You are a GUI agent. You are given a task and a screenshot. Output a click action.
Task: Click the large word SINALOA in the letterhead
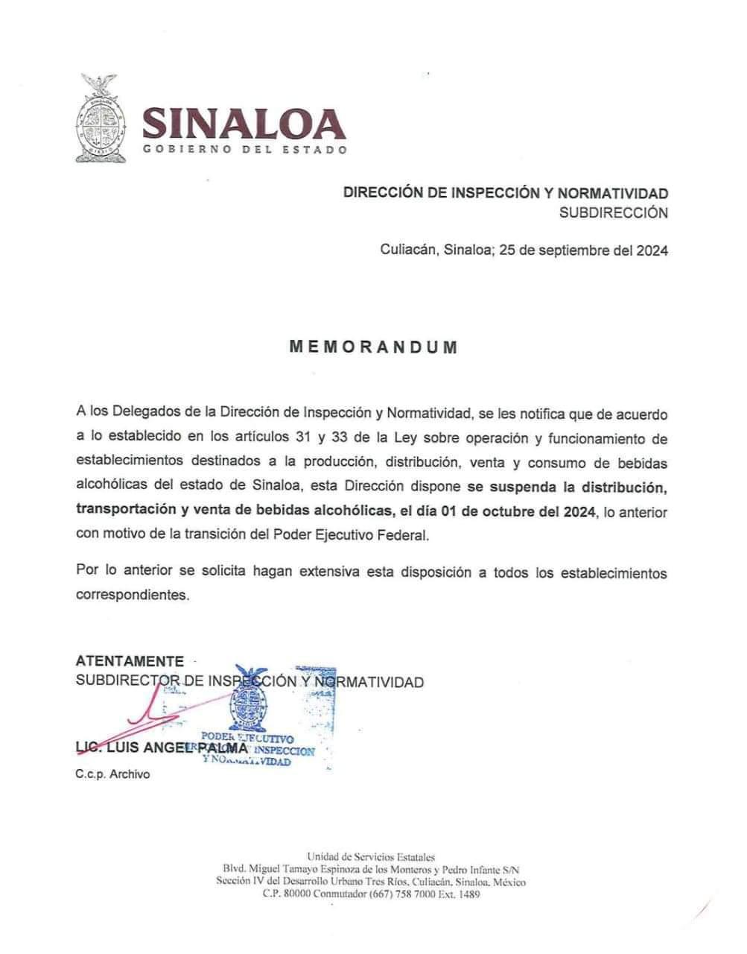244,124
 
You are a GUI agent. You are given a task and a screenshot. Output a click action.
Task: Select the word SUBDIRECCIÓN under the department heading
614,212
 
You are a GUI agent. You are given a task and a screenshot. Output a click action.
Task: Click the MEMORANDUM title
372,347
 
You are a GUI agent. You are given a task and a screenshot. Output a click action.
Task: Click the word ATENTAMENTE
130,661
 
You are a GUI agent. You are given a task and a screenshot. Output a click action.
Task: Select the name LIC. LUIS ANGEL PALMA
162,748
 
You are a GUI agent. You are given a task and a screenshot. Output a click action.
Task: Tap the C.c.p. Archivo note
112,774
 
